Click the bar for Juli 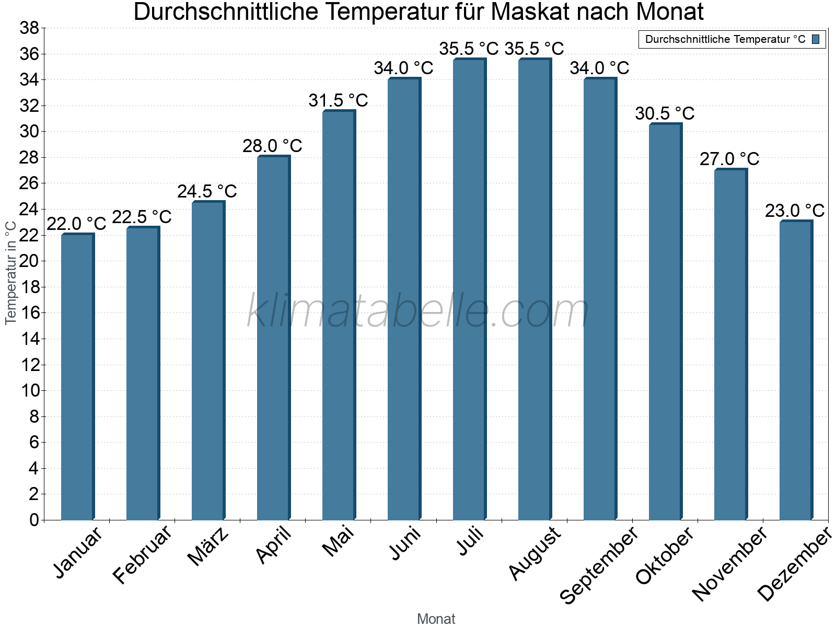(469, 290)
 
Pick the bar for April (273, 338)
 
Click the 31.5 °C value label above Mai (338, 100)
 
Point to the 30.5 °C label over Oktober (665, 113)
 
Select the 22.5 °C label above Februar (142, 217)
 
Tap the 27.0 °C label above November (729, 159)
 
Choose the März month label (208, 547)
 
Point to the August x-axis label (535, 554)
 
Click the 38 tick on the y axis (29, 28)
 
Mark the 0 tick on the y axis (34, 520)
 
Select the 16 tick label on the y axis (29, 313)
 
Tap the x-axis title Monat (436, 619)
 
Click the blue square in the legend (816, 39)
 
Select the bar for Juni (404, 299)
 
